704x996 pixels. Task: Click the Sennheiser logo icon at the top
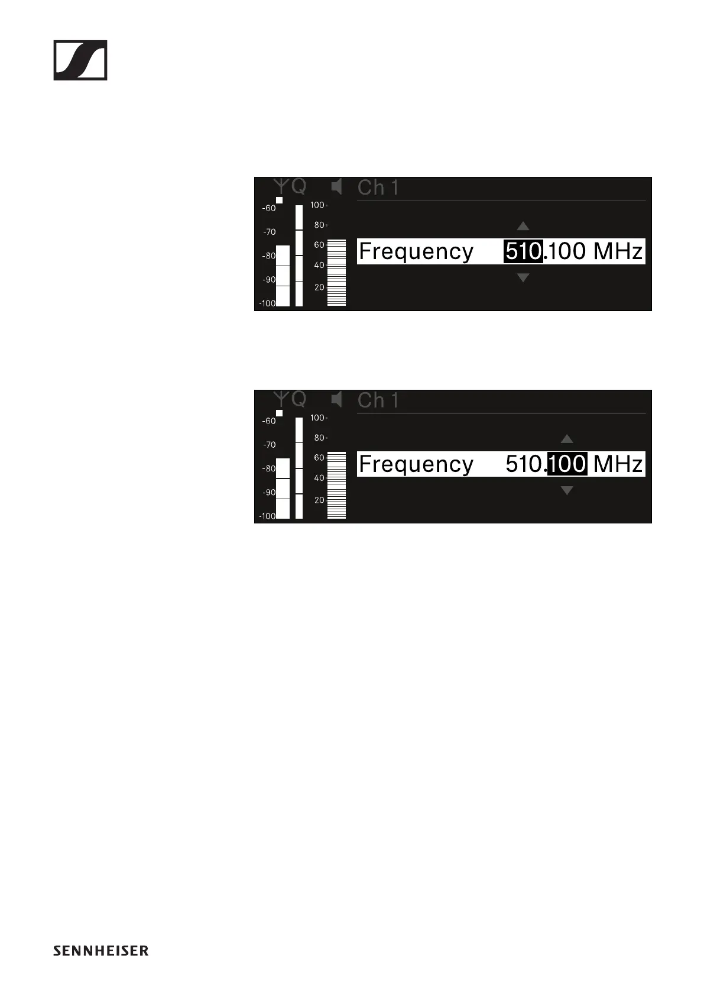[x=80, y=60]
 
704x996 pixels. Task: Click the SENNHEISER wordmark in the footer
[x=100, y=950]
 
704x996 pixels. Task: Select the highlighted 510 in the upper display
[x=523, y=251]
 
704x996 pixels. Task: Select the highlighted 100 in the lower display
[x=567, y=464]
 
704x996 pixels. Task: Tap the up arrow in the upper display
[x=523, y=226]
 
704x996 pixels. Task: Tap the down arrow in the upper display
[x=523, y=277]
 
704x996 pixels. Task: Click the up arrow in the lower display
[x=567, y=439]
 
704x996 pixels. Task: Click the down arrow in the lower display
[x=567, y=490]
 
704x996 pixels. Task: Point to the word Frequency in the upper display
[x=416, y=252]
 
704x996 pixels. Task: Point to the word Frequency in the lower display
[x=416, y=464]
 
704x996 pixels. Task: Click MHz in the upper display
[x=618, y=251]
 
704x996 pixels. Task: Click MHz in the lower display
[x=618, y=464]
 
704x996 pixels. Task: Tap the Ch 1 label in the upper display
[x=378, y=188]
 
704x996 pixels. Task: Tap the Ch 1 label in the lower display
[x=378, y=401]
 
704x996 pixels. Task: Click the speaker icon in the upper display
[x=337, y=187]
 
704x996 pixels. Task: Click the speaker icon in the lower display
[x=337, y=400]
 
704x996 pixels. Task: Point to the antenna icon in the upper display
[x=283, y=186]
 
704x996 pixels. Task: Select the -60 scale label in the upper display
[x=270, y=208]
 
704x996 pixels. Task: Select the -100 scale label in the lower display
[x=267, y=516]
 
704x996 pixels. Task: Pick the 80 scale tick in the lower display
[x=319, y=438]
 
